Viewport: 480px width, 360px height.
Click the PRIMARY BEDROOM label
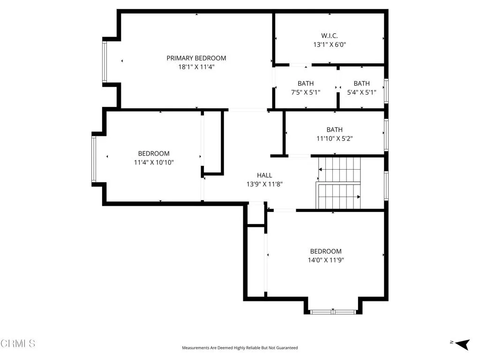(x=196, y=58)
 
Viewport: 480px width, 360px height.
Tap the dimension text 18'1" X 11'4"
(x=196, y=67)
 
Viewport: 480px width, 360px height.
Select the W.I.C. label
(x=329, y=36)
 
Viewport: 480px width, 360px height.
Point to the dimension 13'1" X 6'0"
(x=329, y=45)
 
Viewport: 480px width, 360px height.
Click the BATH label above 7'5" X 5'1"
(x=306, y=83)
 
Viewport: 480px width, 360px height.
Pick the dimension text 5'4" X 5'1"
(x=361, y=92)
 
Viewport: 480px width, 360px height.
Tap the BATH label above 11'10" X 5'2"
(x=334, y=129)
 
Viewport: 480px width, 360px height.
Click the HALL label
(x=264, y=175)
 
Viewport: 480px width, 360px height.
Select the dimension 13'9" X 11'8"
(x=264, y=184)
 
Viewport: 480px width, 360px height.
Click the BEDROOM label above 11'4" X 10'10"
(x=154, y=153)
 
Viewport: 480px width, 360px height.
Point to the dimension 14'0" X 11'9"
(x=325, y=260)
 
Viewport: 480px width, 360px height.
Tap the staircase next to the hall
(x=339, y=183)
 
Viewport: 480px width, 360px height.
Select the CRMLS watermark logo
(x=18, y=344)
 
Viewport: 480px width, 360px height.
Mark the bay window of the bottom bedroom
(x=333, y=311)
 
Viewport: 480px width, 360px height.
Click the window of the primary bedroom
(x=105, y=62)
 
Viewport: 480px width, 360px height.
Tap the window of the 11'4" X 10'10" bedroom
(x=93, y=159)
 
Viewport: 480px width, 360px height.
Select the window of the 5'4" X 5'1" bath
(x=386, y=91)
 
